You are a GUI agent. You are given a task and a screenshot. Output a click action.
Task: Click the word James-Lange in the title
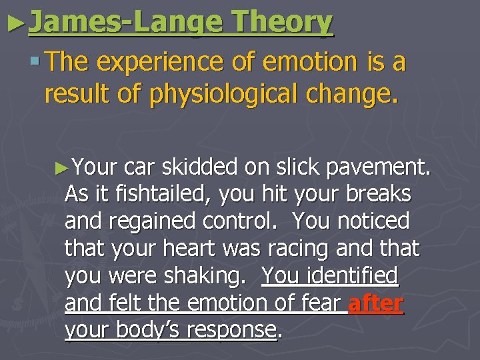[x=126, y=23]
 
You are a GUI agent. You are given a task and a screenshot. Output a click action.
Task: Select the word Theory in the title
[x=282, y=23]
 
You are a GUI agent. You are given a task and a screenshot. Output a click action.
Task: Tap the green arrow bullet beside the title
[x=15, y=24]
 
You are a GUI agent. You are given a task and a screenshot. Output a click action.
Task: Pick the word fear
[x=321, y=303]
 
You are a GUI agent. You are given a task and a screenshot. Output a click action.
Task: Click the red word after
[x=376, y=303]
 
